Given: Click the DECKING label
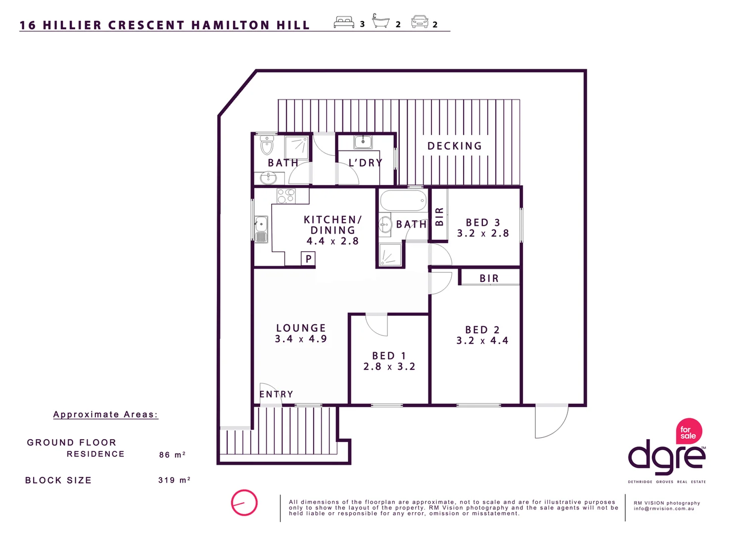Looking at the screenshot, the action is coord(455,146).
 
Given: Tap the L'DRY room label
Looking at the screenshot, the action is coord(366,163).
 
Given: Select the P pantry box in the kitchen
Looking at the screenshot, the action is coord(308,259).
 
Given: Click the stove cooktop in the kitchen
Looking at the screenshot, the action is coord(286,196).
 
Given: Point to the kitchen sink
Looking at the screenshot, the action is coord(261,229).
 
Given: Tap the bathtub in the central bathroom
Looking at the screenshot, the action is coord(403,200).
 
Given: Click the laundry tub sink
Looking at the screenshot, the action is coord(363,142).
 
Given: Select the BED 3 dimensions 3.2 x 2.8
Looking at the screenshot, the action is coord(483,233).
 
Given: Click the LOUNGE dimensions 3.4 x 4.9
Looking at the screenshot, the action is coord(301,339).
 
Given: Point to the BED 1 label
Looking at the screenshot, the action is coord(389,356).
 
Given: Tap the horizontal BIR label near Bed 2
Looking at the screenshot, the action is coord(489,278).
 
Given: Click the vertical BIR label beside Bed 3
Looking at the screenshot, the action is coord(439,217).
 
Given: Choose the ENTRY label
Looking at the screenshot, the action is coord(276,394).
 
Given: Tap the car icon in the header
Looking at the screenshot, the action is coord(420,22).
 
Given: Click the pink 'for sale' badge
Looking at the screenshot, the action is coord(689,431).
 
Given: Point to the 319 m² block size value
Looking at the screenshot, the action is coord(174,480).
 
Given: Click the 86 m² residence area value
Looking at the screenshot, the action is coord(172,455).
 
